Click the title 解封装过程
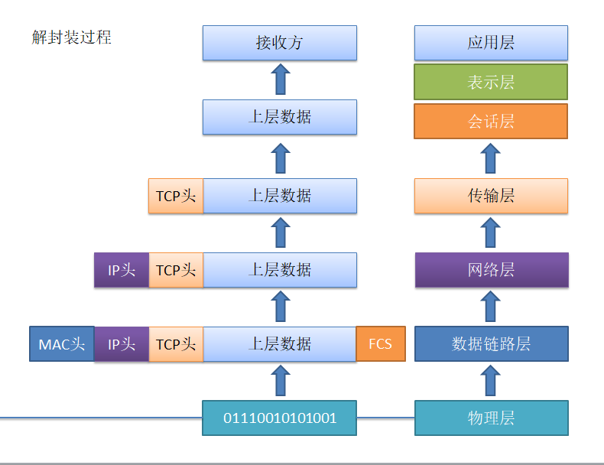(71, 37)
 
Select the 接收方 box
(280, 43)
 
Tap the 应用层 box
(491, 43)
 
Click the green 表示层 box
(491, 82)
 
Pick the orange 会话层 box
(491, 121)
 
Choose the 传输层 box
(491, 196)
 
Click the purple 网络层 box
(491, 270)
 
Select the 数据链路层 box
(491, 344)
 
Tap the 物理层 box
(491, 418)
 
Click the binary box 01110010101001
(280, 418)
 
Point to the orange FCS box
(381, 344)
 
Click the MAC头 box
(61, 344)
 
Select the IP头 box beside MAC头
(122, 344)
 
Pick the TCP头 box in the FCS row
(176, 344)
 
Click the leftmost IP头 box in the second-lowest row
(122, 270)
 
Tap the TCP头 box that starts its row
(176, 196)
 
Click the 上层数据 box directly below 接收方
(280, 117)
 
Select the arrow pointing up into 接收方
(281, 80)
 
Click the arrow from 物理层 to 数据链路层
(491, 380)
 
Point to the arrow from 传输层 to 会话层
(491, 158)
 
